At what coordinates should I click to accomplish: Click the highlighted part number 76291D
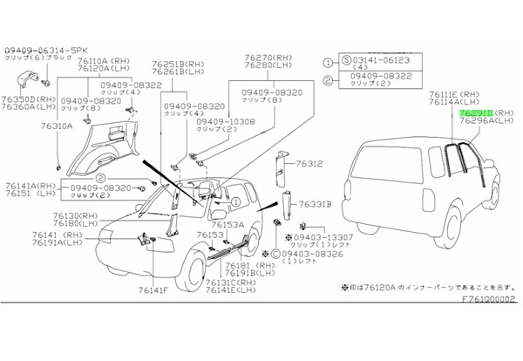click(477, 113)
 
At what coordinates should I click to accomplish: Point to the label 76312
click(309, 164)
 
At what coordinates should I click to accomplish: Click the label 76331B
click(316, 204)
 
